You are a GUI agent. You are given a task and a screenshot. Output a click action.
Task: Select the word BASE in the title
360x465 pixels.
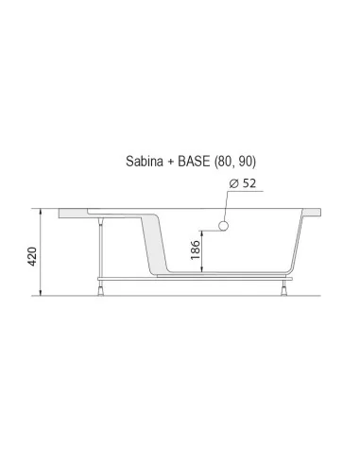[x=194, y=161]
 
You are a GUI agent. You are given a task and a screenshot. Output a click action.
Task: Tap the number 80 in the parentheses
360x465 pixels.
[x=224, y=162]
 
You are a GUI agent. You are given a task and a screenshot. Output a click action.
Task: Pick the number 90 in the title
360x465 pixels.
[x=245, y=162]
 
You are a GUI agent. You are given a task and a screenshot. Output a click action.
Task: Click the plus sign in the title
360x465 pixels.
[x=171, y=162]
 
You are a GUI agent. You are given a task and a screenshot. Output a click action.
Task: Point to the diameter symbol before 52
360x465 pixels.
[x=233, y=183]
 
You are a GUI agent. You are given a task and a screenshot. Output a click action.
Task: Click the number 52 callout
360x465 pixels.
[x=249, y=183]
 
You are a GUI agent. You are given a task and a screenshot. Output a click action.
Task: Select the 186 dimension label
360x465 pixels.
[x=196, y=250]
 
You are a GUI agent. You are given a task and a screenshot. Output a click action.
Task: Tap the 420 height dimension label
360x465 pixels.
[x=33, y=256]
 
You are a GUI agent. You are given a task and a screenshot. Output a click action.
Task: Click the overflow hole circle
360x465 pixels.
[x=223, y=226]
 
